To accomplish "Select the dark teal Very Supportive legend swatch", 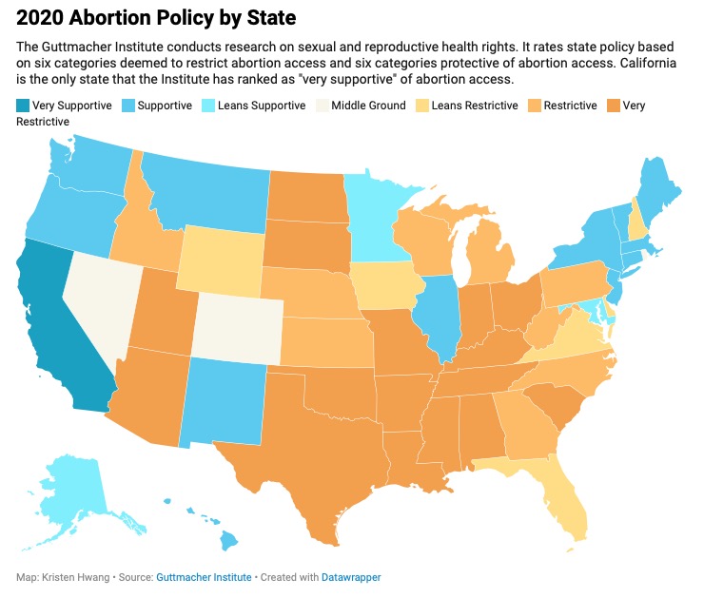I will [x=24, y=106].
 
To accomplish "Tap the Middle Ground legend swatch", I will [x=323, y=106].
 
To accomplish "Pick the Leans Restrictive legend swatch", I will [x=422, y=106].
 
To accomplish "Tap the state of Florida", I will [x=561, y=494].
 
